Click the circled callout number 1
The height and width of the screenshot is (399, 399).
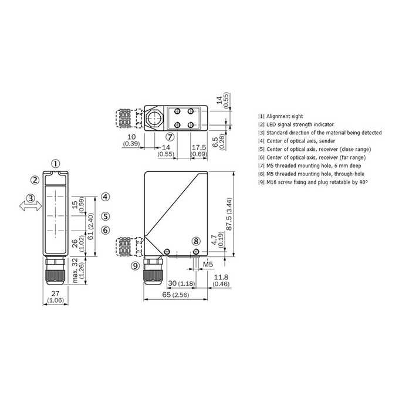(56, 164)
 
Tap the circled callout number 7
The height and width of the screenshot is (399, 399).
(170, 137)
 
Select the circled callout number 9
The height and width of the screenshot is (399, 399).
(136, 266)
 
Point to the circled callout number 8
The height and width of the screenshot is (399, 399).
(196, 241)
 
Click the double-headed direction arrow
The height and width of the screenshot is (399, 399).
(31, 206)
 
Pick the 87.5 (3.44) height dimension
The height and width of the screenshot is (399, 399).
(229, 214)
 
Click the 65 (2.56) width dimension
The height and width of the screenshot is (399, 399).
(175, 295)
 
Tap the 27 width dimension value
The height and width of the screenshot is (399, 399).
(55, 293)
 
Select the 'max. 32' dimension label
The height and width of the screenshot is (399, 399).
(75, 270)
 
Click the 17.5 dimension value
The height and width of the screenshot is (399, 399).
(199, 147)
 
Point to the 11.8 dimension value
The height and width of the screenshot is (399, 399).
(221, 277)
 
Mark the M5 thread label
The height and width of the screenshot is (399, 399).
(208, 265)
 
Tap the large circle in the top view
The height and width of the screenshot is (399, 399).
(154, 119)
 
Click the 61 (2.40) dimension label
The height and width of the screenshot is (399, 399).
(90, 226)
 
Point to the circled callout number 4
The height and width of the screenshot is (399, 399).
(106, 197)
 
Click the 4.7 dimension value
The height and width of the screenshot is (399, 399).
(214, 240)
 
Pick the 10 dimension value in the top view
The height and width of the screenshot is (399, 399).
(131, 137)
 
